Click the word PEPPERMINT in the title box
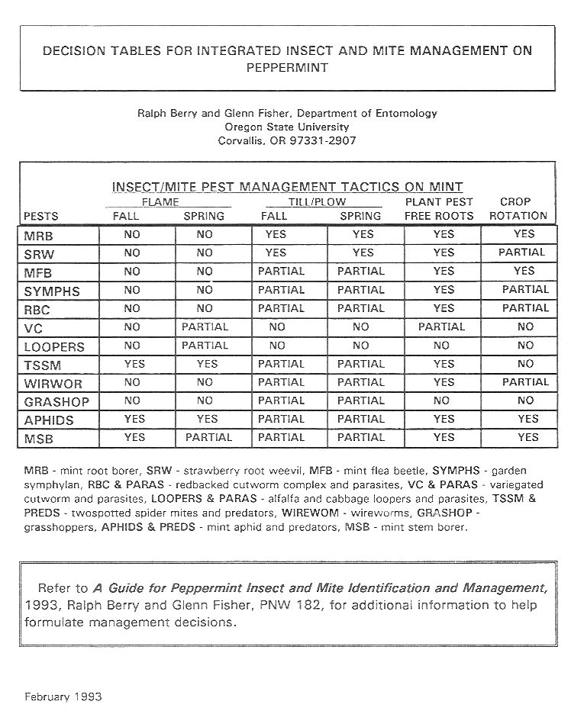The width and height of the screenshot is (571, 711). [288, 68]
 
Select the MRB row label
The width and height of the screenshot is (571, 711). [39, 236]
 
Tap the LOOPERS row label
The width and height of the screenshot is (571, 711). [54, 346]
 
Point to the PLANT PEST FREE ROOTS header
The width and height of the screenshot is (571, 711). [439, 209]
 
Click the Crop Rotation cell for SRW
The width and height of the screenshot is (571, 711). [524, 253]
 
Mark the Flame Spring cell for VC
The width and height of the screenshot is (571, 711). [205, 327]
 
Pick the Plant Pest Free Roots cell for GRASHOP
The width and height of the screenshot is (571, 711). [441, 401]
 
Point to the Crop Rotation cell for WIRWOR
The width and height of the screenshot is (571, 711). [525, 382]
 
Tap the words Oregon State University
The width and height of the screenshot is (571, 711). [287, 127]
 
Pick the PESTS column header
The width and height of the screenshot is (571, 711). [41, 216]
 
